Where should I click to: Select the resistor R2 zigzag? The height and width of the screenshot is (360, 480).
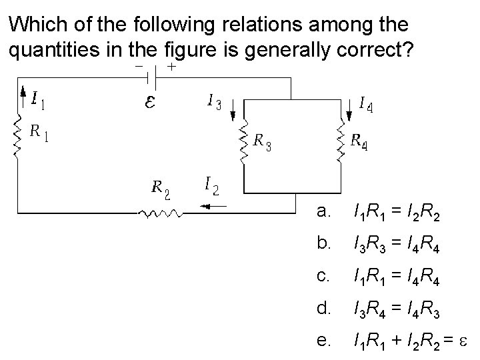160,213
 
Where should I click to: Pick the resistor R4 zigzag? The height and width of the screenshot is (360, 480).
342,141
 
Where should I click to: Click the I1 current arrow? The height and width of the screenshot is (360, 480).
24,99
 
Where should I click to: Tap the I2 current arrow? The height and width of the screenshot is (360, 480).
215,206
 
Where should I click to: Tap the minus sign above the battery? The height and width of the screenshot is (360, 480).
139,67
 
